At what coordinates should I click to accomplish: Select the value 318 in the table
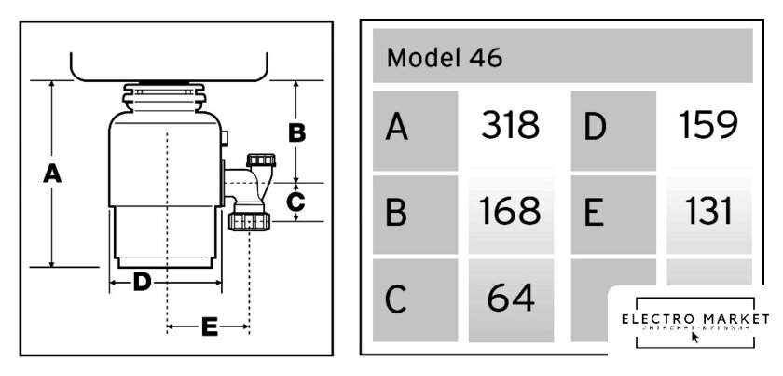(510, 126)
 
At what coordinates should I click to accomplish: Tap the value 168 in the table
(510, 213)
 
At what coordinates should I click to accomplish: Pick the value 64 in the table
(510, 299)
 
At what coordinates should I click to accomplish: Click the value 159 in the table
(708, 126)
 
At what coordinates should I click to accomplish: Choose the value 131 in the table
(708, 213)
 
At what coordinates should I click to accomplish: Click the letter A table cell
(415, 129)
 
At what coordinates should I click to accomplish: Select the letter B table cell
(415, 215)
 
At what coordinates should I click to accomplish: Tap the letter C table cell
(415, 300)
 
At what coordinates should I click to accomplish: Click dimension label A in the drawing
(53, 173)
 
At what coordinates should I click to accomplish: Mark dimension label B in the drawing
(296, 133)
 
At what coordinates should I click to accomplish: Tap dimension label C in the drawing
(295, 201)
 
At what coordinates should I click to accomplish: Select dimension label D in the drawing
(142, 281)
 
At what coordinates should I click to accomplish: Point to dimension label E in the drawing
(209, 327)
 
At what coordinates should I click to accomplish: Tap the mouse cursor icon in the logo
(694, 337)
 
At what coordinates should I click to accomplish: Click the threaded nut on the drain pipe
(249, 221)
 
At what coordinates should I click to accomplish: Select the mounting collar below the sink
(166, 97)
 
